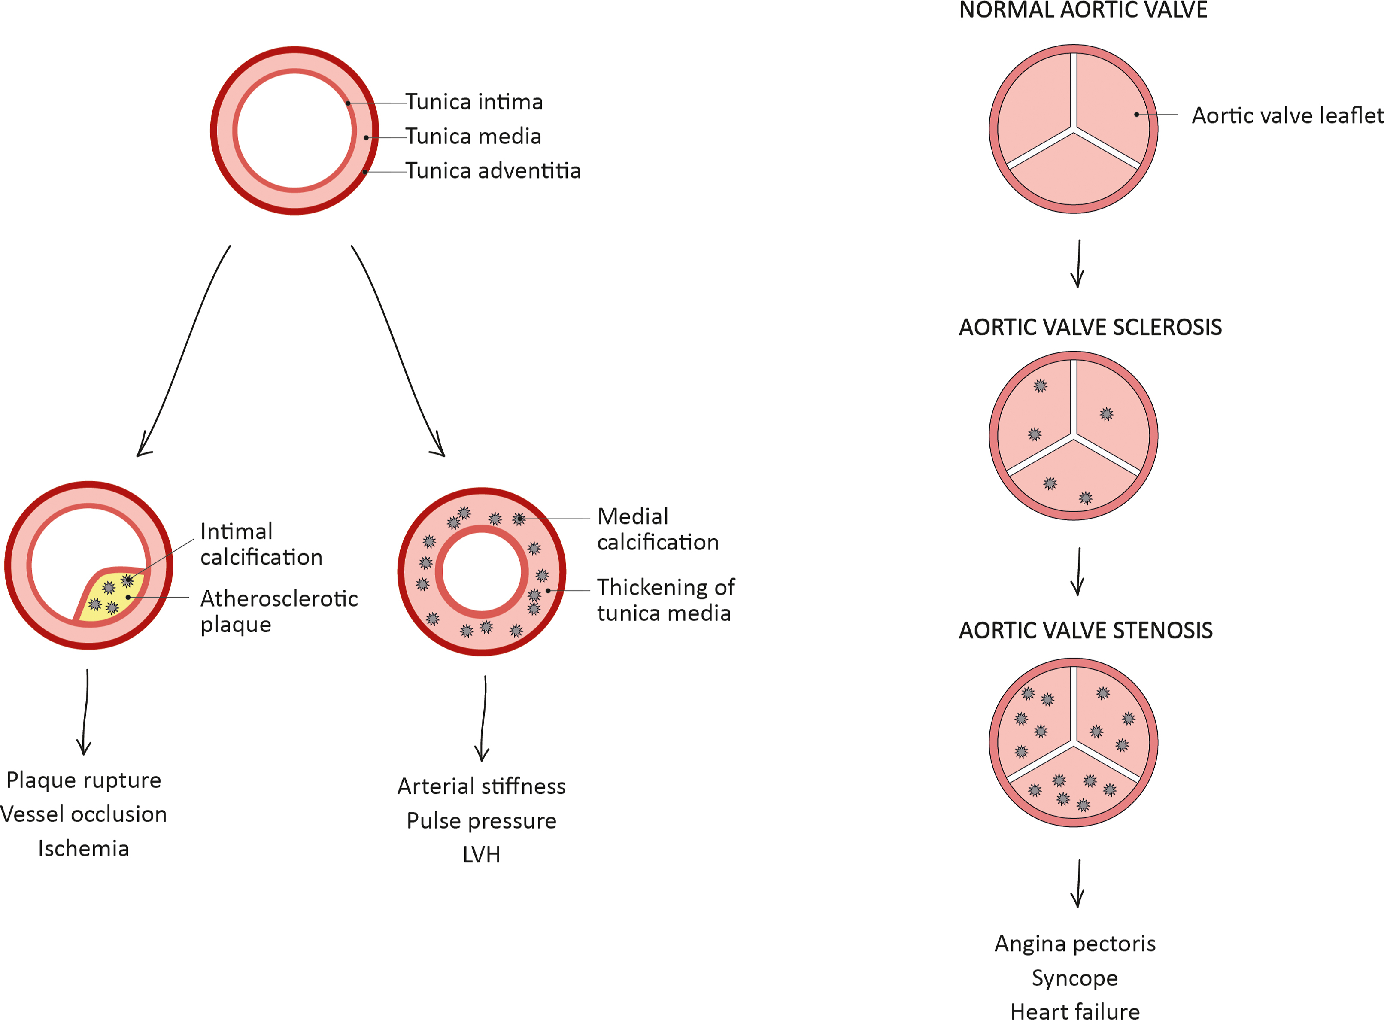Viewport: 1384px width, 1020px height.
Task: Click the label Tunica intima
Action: pyautogui.click(x=473, y=102)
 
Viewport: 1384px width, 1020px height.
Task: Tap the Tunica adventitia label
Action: pyautogui.click(x=493, y=171)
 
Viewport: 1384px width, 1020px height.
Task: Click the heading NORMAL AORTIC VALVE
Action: pyautogui.click(x=1083, y=10)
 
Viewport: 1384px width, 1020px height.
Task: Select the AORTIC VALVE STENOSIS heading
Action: pyautogui.click(x=1085, y=630)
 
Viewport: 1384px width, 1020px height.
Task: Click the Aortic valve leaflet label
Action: pyautogui.click(x=1287, y=115)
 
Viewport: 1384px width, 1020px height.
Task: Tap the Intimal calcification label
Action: pyautogui.click(x=261, y=544)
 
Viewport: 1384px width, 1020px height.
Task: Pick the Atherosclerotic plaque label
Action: pyautogui.click(x=279, y=611)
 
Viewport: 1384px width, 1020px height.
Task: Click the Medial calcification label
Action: pyautogui.click(x=657, y=529)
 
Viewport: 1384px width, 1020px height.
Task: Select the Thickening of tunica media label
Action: pyautogui.click(x=665, y=600)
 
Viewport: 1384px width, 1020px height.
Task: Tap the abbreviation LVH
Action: pyautogui.click(x=482, y=855)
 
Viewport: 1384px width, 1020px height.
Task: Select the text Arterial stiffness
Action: pyautogui.click(x=482, y=786)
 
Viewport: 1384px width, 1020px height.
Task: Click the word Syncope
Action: pyautogui.click(x=1075, y=978)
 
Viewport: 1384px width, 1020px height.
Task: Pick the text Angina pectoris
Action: pyautogui.click(x=1075, y=944)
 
